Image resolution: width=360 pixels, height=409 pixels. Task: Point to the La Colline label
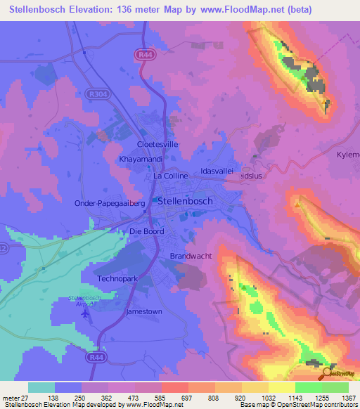click(171, 176)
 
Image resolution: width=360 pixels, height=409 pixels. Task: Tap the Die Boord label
click(147, 232)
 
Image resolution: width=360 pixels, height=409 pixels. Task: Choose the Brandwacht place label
click(191, 257)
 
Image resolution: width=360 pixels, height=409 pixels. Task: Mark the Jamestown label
click(143, 311)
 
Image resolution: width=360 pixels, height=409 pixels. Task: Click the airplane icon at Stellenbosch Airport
click(85, 314)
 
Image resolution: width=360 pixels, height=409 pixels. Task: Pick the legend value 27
click(26, 397)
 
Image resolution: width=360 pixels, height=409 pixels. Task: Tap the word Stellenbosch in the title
click(39, 10)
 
